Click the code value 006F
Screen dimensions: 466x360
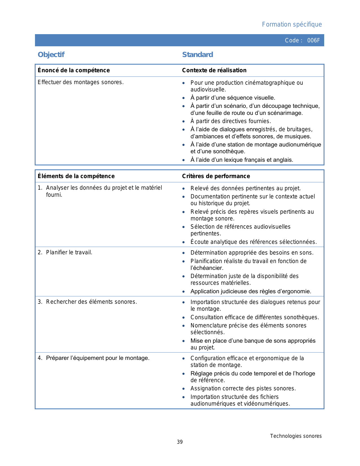[x=313, y=40]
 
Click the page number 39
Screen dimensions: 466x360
[x=180, y=442]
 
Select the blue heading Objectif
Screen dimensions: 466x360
[x=51, y=54]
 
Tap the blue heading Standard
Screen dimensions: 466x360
[x=197, y=54]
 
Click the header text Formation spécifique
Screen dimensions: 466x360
[x=292, y=24]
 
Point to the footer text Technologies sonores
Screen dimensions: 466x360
[x=296, y=436]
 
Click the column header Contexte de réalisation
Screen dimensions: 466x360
[x=214, y=70]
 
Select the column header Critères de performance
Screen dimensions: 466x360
[x=216, y=176]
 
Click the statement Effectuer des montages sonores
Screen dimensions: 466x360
[x=81, y=82]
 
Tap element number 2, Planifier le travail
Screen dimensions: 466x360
[x=69, y=252]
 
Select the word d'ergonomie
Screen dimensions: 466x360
[x=296, y=291]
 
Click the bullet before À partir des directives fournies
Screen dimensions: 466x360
[x=184, y=121]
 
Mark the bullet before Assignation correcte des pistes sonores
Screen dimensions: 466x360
[x=184, y=389]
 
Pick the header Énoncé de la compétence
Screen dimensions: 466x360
[x=74, y=70]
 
